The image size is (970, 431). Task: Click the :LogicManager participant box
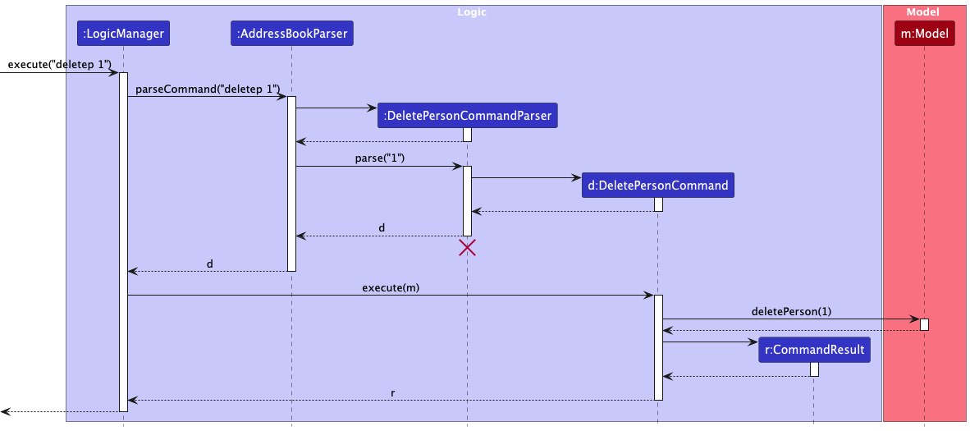(123, 34)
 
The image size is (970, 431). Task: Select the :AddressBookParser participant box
(291, 34)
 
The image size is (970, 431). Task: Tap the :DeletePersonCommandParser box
(467, 116)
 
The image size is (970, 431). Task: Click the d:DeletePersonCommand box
(657, 186)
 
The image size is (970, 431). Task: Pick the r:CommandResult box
(813, 350)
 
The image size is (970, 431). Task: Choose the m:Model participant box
(924, 34)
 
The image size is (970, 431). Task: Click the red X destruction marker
(467, 248)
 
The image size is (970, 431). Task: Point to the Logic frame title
(474, 11)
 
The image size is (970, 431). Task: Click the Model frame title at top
(923, 11)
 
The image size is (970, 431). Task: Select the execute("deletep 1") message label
(59, 64)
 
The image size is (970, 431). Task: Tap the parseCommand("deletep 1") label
(208, 88)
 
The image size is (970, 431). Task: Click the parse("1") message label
(379, 158)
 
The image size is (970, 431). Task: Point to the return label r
(392, 393)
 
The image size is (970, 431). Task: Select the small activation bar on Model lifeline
(924, 324)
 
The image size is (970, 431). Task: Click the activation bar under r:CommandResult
(814, 369)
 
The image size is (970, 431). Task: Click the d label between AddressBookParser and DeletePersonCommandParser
(381, 227)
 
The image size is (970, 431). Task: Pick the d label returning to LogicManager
(209, 264)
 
